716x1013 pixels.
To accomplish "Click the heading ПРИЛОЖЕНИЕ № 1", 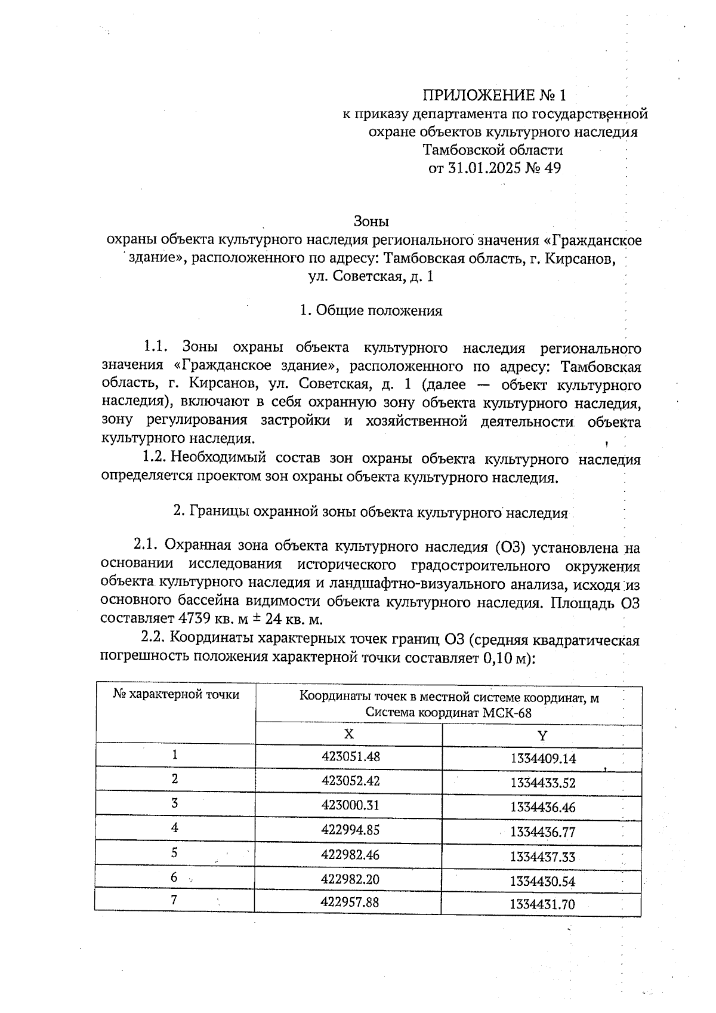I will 493,96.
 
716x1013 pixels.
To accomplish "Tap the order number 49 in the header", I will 552,168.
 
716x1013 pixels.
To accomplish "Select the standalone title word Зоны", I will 371,221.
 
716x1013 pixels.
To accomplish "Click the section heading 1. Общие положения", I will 371,310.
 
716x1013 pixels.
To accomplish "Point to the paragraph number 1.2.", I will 154,458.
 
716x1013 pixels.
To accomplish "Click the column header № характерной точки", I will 176,695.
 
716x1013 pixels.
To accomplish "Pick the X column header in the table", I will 348,734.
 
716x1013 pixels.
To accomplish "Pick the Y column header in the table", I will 542,735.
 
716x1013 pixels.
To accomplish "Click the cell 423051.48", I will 350,756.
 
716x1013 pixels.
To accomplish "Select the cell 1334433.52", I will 542,783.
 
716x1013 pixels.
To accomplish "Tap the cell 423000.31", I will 350,805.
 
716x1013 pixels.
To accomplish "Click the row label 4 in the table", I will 174,828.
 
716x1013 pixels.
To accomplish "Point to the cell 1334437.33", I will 542,857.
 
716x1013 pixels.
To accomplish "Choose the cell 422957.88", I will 350,902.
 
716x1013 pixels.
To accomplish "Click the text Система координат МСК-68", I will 448,713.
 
